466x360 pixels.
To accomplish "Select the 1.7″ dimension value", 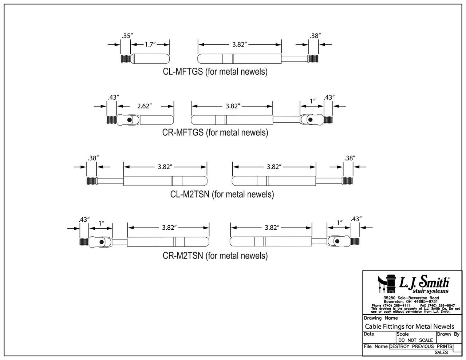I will (x=150, y=44).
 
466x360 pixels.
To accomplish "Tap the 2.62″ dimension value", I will (x=145, y=106).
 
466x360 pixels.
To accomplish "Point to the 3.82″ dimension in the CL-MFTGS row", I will (x=240, y=44).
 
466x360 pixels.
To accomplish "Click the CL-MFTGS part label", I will (x=215, y=71).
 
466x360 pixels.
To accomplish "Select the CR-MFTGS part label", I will (x=215, y=132).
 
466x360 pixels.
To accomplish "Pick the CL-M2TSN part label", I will (x=222, y=194).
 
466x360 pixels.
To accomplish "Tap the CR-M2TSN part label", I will (x=215, y=256).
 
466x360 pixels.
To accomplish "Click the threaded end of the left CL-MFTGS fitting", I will (x=125, y=58).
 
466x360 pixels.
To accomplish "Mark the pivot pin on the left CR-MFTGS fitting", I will (x=129, y=120).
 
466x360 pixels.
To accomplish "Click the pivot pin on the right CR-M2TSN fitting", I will (x=337, y=241).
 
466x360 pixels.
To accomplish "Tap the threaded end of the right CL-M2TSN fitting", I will (x=348, y=181).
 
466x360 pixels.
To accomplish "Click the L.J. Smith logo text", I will (x=424, y=282).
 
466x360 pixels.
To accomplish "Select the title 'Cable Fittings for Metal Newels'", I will (x=409, y=326).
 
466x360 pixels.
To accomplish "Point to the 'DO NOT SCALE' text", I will (x=415, y=340).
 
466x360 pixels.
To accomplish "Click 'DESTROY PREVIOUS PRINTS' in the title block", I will (x=420, y=347).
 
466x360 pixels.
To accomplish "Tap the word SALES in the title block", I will (x=441, y=353).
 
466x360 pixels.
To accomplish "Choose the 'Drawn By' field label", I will (x=448, y=334).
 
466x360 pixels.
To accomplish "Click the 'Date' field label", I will (x=369, y=334).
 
